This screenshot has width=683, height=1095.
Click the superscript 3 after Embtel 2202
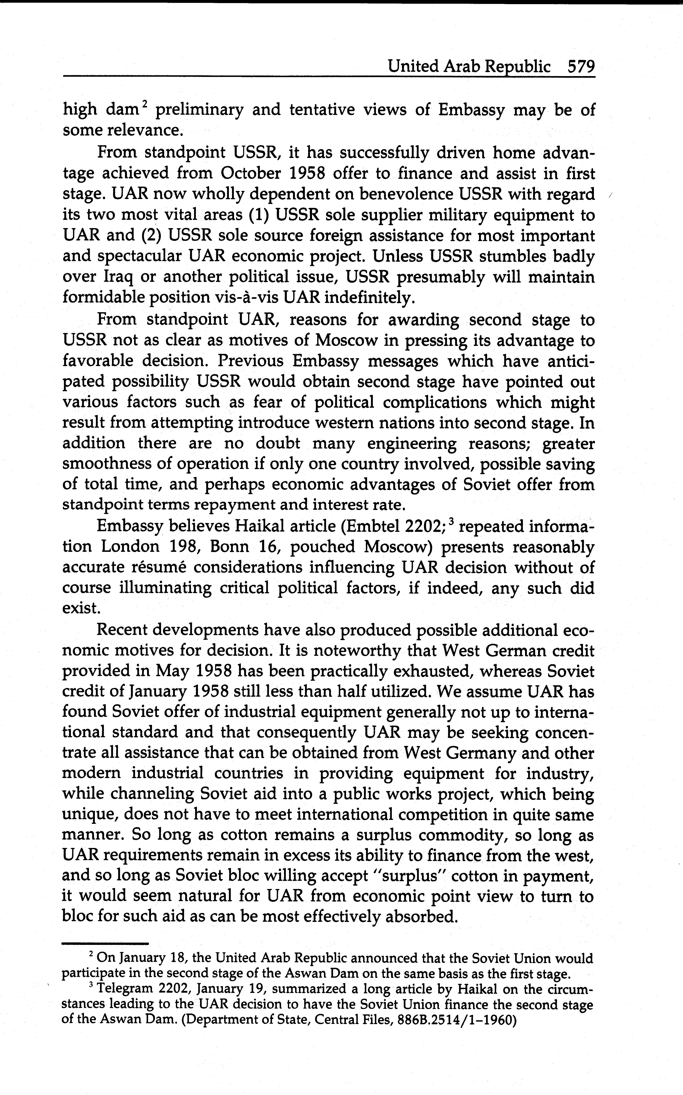pyautogui.click(x=453, y=523)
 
